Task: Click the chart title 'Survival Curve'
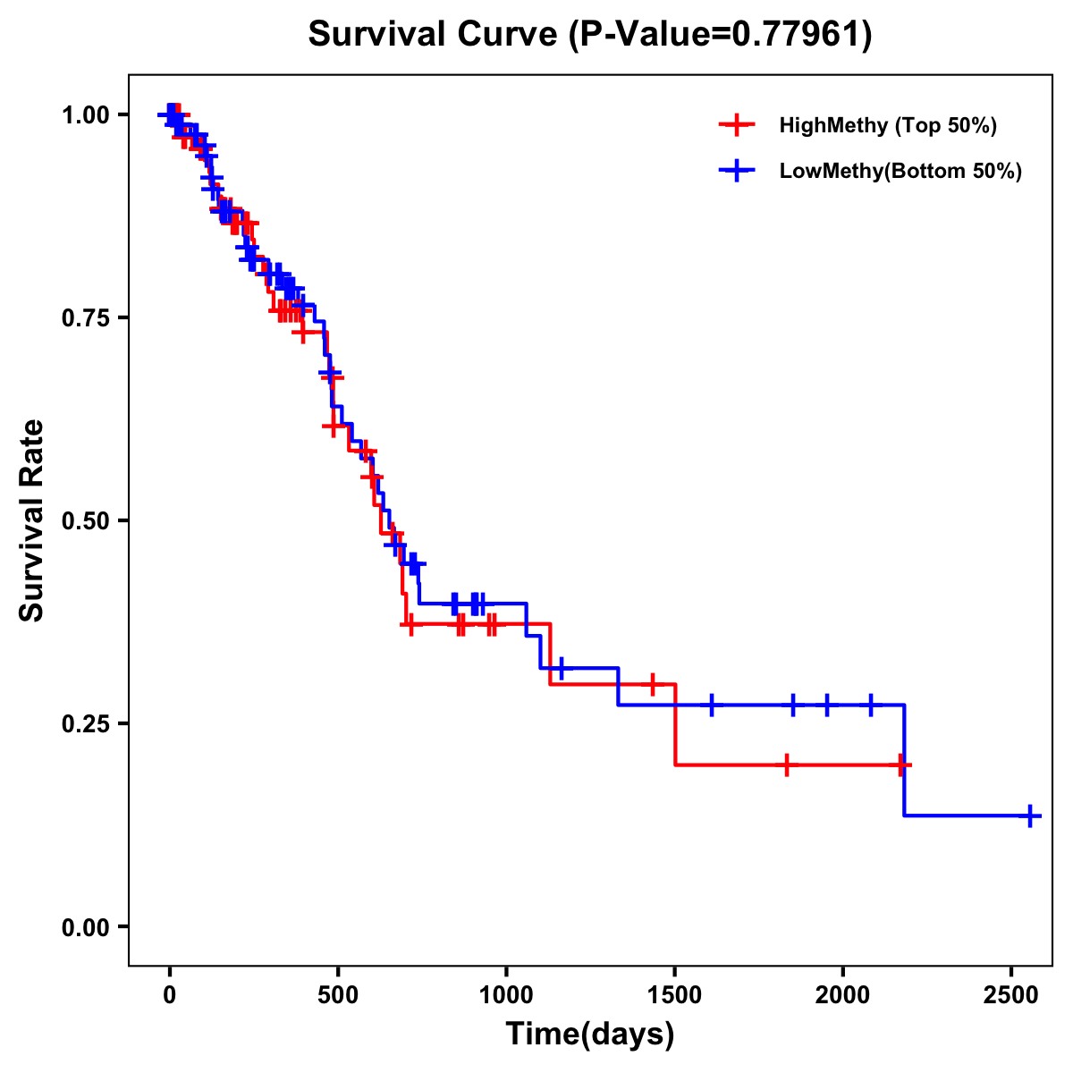[435, 35]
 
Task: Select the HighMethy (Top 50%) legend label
[887, 125]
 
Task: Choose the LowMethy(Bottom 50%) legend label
[900, 171]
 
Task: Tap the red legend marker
[737, 125]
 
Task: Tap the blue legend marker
[737, 171]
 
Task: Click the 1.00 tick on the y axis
[85, 114]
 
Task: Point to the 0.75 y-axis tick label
[85, 317]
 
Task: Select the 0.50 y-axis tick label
[85, 520]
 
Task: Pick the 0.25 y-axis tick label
[85, 723]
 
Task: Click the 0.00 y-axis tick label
[85, 926]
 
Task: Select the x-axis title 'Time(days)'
[590, 1035]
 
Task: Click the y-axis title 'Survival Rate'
[32, 520]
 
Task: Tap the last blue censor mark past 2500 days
[1030, 815]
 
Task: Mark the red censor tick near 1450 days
[653, 684]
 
